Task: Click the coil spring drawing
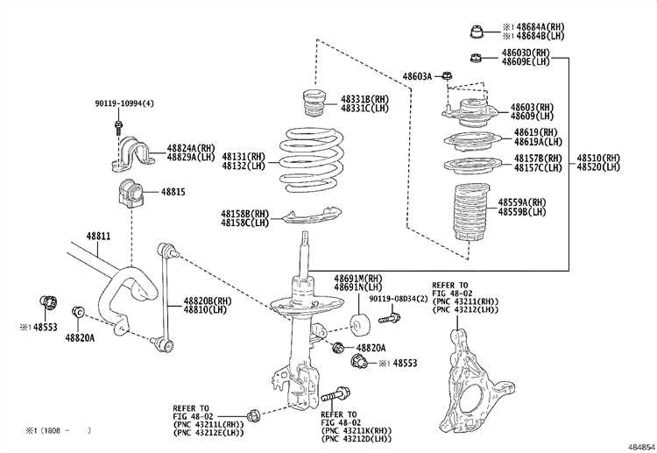[311, 161]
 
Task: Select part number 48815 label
[173, 192]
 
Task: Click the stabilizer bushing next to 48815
[131, 193]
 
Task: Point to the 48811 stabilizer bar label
[98, 236]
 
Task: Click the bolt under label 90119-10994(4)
[118, 127]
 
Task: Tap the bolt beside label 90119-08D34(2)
[389, 318]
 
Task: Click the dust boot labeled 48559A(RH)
[471, 212]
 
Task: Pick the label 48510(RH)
[598, 158]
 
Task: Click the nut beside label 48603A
[447, 76]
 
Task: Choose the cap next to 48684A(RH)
[476, 32]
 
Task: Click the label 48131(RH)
[244, 157]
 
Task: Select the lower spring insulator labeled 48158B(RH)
[311, 215]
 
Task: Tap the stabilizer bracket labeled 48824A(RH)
[131, 154]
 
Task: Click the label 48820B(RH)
[208, 301]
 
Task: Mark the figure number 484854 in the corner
[641, 447]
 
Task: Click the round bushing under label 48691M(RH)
[359, 326]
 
